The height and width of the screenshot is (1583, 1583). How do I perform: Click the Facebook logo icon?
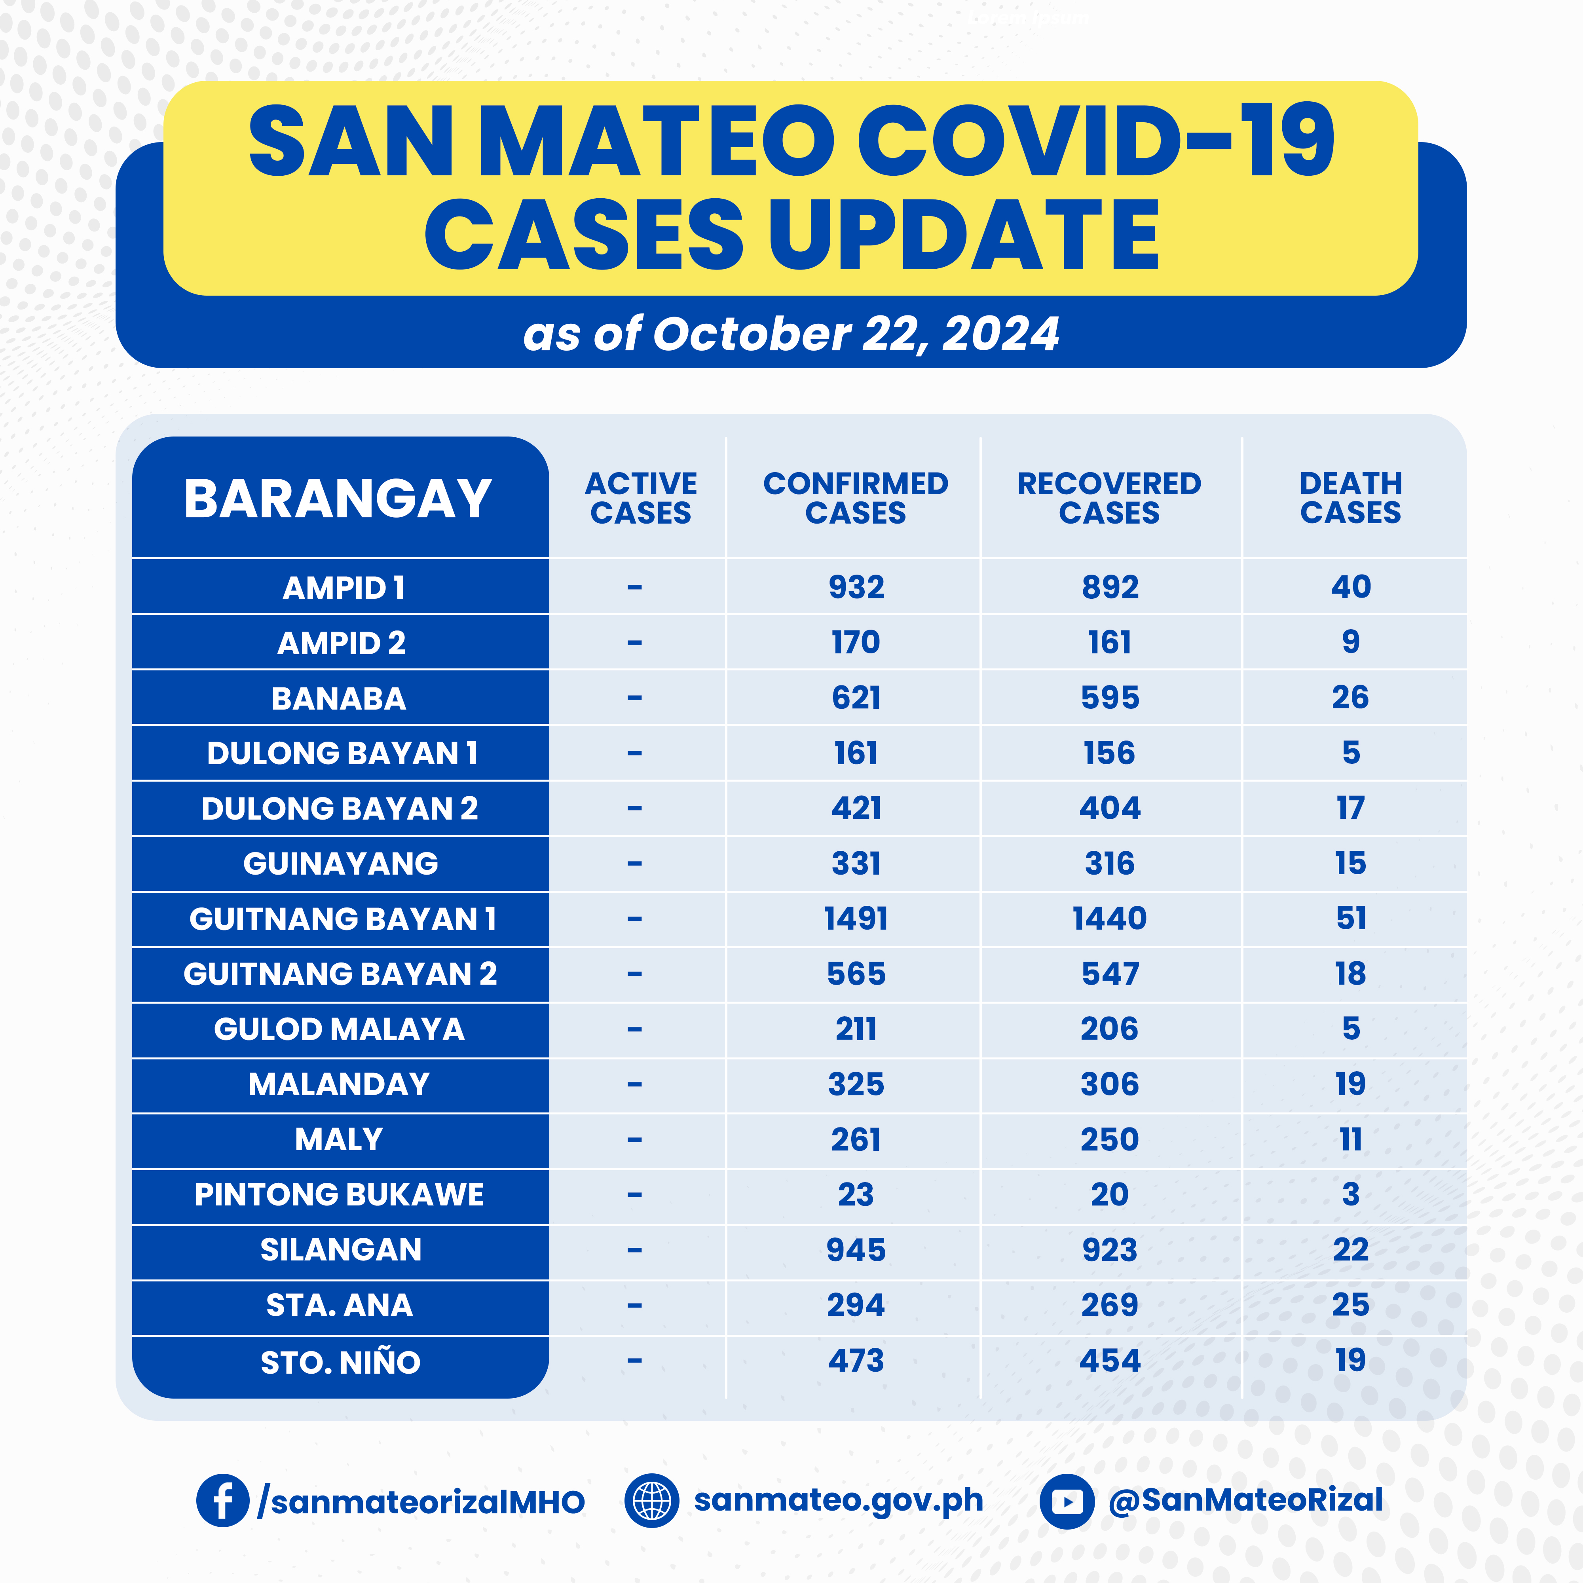pos(222,1500)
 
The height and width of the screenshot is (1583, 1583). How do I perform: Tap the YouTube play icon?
pos(1067,1501)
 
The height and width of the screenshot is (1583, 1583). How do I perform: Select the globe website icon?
pos(651,1500)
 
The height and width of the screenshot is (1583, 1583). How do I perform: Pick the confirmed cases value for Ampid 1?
pos(856,587)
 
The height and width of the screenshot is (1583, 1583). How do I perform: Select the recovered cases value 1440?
pos(1109,919)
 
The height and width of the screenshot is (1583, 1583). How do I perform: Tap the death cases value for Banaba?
pos(1350,697)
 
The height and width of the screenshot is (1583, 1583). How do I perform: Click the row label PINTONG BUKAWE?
pos(339,1195)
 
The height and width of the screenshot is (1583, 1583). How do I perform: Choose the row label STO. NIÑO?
pos(340,1362)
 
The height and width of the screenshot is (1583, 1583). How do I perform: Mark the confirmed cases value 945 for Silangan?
pos(856,1249)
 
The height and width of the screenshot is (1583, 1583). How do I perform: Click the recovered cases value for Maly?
pos(1109,1140)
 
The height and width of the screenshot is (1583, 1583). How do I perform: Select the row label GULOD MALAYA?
pos(339,1029)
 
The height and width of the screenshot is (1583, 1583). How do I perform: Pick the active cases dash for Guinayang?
pos(634,864)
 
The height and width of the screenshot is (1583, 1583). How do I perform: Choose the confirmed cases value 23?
pos(856,1195)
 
